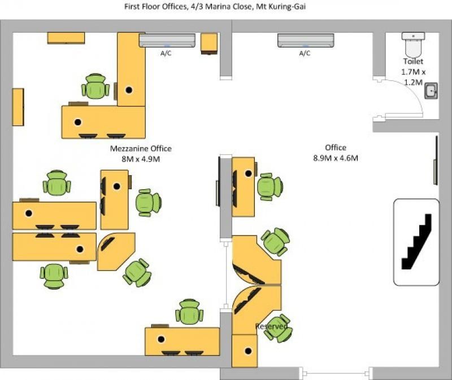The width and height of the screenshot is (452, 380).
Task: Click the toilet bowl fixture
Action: coord(414,45)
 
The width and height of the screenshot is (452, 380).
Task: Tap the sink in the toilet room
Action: coord(431,91)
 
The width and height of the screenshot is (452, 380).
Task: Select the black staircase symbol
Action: coord(417,242)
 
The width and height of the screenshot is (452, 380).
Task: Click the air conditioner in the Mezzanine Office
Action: coord(167,40)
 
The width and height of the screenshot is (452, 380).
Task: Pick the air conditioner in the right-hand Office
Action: coord(306,40)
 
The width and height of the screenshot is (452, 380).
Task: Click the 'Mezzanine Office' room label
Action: coord(141,148)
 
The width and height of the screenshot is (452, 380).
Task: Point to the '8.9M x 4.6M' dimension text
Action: coord(336,158)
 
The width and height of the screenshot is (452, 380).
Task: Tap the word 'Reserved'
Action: coord(271,326)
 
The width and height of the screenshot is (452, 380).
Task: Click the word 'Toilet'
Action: coord(414,62)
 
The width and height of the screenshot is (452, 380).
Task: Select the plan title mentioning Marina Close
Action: coord(215,7)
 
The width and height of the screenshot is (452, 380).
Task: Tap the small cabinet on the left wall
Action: coord(18,107)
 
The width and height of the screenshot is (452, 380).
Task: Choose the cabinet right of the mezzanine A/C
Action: coord(209,43)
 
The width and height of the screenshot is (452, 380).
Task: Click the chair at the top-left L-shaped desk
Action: coord(95,86)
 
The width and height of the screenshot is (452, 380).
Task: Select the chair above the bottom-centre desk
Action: coord(189,311)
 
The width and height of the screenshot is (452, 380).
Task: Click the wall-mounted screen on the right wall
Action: coord(436,160)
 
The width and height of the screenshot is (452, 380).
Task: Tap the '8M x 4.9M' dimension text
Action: coord(141,159)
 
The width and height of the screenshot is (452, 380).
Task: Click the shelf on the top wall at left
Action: coord(66,38)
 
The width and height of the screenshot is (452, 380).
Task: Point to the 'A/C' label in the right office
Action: coord(305,53)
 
